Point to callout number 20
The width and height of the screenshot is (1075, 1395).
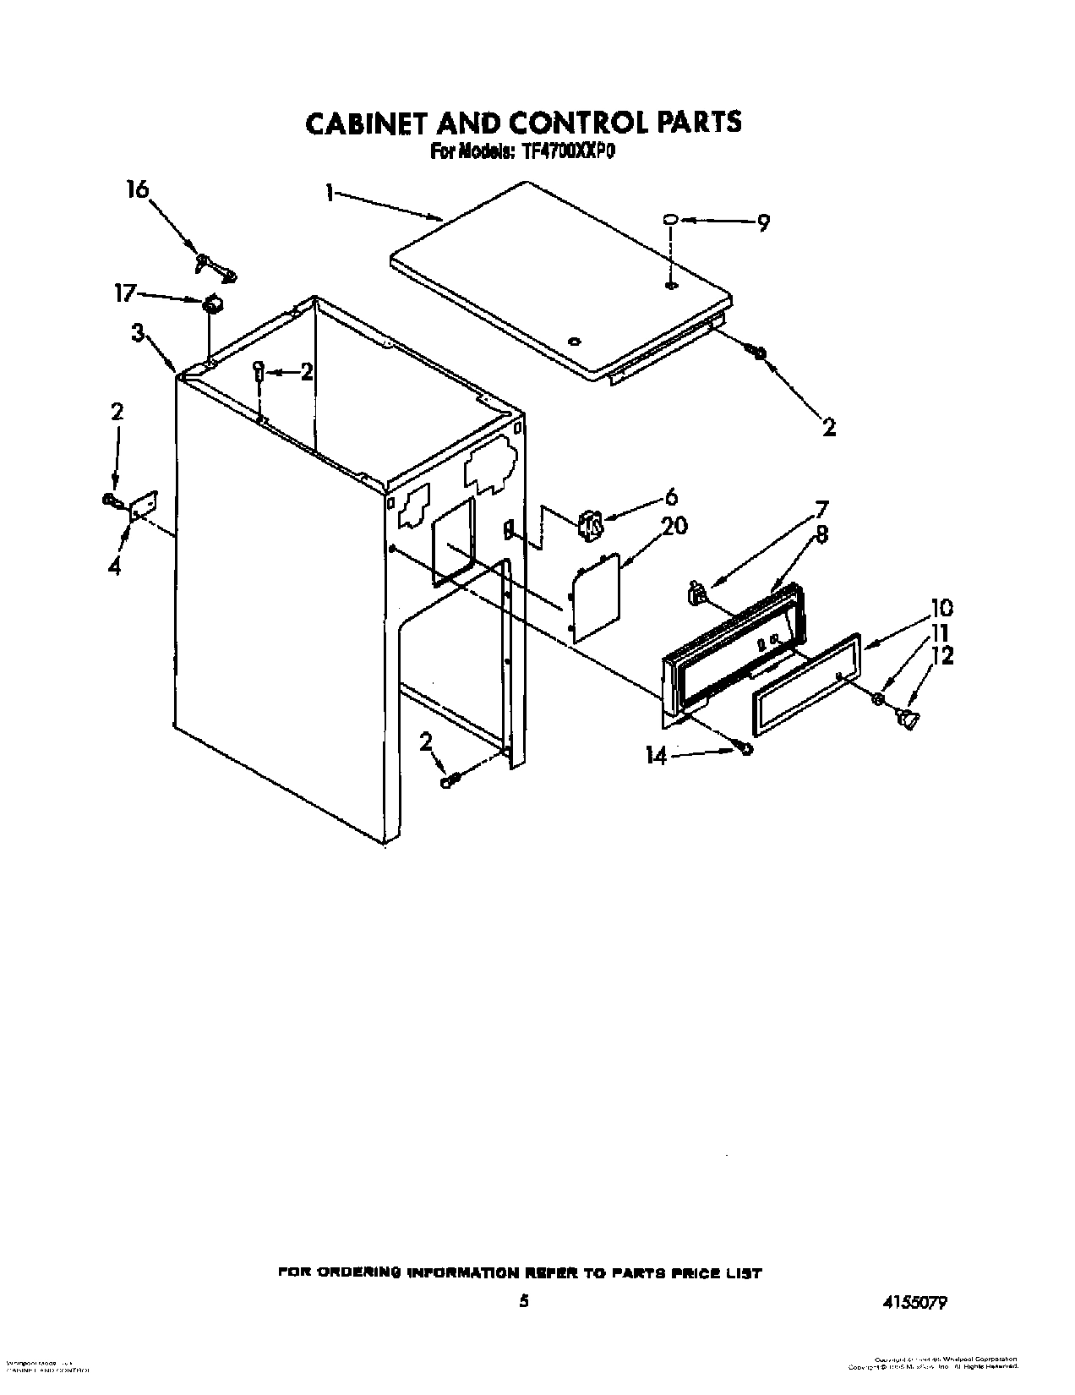pyautogui.click(x=674, y=526)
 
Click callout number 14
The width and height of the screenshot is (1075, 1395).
pyautogui.click(x=657, y=757)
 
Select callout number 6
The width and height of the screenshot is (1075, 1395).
pyautogui.click(x=671, y=497)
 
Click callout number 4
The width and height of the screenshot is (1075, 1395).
pyautogui.click(x=114, y=567)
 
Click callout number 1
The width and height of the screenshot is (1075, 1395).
pyautogui.click(x=329, y=194)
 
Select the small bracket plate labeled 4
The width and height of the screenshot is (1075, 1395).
pyautogui.click(x=141, y=504)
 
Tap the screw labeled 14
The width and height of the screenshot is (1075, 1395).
pyautogui.click(x=745, y=748)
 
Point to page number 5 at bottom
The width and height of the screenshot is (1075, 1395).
pyautogui.click(x=524, y=1303)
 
